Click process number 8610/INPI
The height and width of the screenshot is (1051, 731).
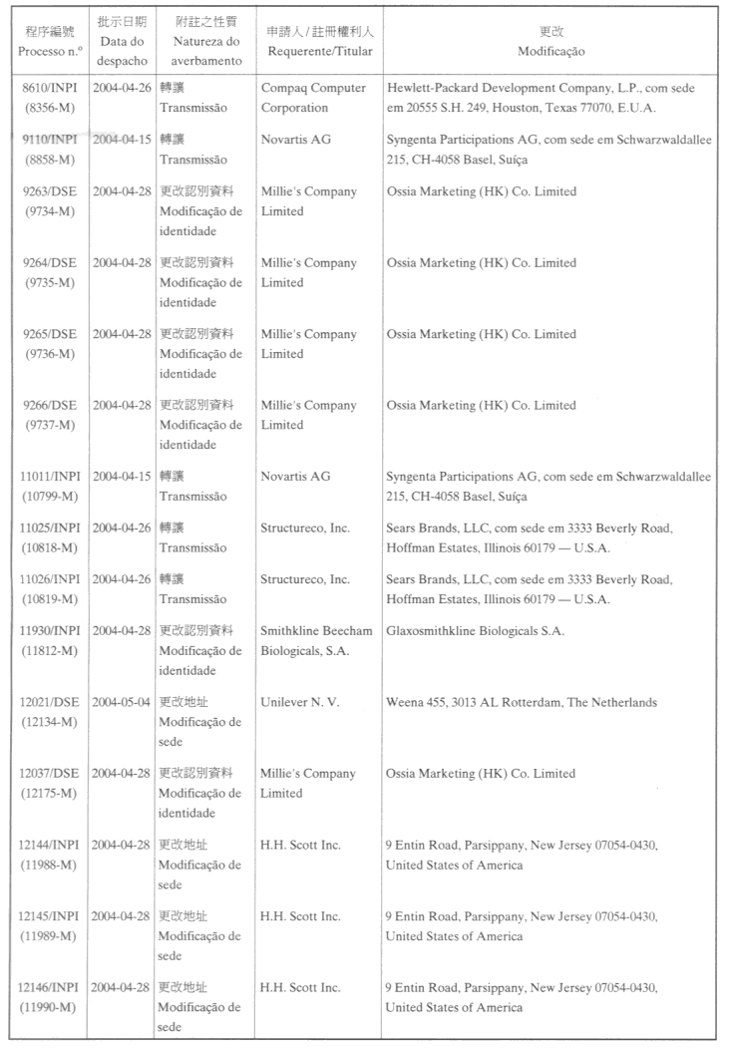click(50, 88)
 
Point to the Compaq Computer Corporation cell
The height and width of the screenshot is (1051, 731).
click(313, 98)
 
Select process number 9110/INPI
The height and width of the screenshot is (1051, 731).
click(50, 140)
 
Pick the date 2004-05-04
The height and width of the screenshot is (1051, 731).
click(122, 702)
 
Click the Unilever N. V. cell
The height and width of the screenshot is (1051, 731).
click(300, 702)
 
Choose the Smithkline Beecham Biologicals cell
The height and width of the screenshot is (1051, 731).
click(316, 640)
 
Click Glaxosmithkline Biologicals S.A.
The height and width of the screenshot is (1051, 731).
click(475, 630)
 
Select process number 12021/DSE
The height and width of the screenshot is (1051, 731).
click(50, 702)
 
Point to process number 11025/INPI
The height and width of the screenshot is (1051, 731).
click(50, 527)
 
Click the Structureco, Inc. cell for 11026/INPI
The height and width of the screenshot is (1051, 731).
click(305, 579)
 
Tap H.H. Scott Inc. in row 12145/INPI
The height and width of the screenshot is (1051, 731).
click(300, 916)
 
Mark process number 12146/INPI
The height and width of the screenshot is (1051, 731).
click(50, 987)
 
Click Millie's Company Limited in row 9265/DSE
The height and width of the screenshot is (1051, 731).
click(308, 344)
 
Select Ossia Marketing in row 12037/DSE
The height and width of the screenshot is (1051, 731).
click(481, 774)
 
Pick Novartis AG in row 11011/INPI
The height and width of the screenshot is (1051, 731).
click(295, 477)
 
